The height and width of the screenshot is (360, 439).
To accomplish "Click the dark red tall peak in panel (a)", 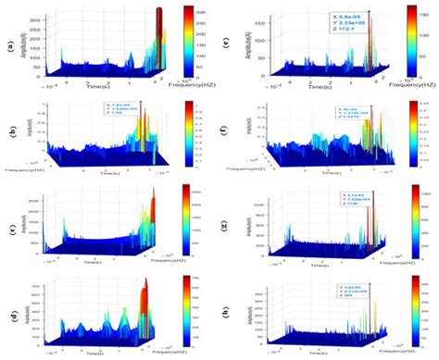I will click(159, 37).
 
